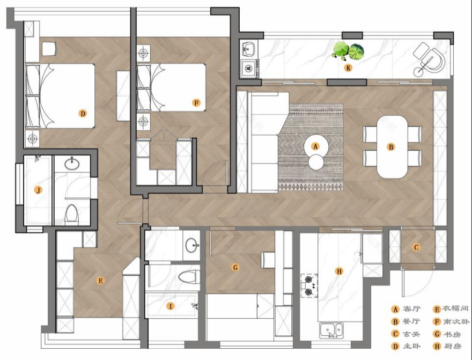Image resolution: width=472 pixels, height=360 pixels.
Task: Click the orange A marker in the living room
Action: pos(315,146)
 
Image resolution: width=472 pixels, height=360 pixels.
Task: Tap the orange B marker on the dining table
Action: pos(391,147)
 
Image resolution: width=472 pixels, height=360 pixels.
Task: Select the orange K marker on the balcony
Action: pos(348,68)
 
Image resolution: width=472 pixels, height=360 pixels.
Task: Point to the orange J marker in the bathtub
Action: pos(38,190)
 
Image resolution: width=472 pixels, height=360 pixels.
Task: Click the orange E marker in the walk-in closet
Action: pos(100,281)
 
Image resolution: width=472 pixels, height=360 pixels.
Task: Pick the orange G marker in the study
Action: pos(235,267)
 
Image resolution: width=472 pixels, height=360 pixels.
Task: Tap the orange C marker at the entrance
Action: pos(416,247)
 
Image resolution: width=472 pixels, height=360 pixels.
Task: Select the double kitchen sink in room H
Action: pos(331,330)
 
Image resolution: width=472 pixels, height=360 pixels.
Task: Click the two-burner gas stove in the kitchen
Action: pos(309,285)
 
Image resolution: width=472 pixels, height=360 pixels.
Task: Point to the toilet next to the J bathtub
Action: pos(72,214)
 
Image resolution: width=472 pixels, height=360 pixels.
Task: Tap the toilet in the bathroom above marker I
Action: pos(189,277)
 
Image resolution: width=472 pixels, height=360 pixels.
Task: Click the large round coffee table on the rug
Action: pos(316,147)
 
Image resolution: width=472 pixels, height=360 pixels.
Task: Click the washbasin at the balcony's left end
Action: pos(249,48)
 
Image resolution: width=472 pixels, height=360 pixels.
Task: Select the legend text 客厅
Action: pos(411,309)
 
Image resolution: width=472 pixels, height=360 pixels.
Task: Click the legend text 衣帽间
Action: pos(455,308)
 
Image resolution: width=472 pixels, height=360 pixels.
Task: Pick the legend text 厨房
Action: pos(453,346)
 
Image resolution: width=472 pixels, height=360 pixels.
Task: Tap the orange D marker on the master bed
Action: pos(83,114)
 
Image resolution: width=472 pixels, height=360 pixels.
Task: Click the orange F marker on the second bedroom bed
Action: pos(196,103)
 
